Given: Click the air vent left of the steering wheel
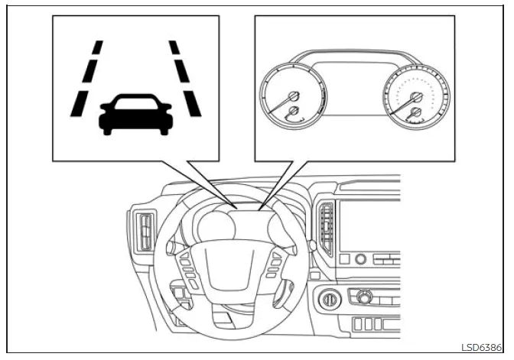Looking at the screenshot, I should [144, 230].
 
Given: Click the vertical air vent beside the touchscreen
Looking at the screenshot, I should [327, 222].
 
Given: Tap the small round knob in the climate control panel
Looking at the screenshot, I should [365, 297].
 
